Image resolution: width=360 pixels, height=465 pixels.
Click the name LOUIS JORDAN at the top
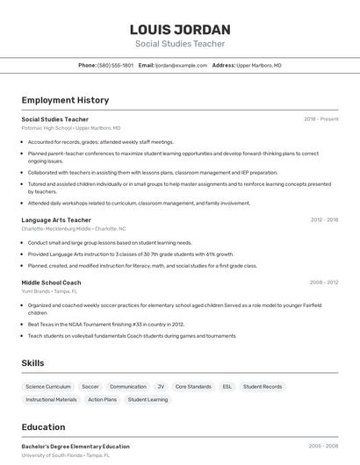pyautogui.click(x=180, y=29)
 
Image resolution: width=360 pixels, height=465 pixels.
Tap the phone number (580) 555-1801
pyautogui.click(x=115, y=65)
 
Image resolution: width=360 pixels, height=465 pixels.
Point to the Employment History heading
pyautogui.click(x=65, y=100)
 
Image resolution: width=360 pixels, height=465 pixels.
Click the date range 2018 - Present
pyautogui.click(x=320, y=119)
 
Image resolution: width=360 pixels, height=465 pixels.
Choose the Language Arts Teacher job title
pyautogui.click(x=56, y=220)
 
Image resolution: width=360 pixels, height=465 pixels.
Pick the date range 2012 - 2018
pyautogui.click(x=324, y=220)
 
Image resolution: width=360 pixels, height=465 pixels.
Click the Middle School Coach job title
pyautogui.click(x=51, y=283)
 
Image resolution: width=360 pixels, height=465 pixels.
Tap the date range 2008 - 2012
pyautogui.click(x=324, y=283)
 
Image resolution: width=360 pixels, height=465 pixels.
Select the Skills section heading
pyautogui.click(x=33, y=362)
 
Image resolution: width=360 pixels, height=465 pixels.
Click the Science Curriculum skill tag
pyautogui.click(x=48, y=386)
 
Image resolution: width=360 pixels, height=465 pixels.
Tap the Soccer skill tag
pyautogui.click(x=90, y=386)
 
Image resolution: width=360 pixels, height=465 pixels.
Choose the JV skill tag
pyautogui.click(x=161, y=386)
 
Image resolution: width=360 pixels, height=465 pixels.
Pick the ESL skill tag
pyautogui.click(x=227, y=386)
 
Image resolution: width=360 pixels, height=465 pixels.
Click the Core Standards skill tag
pyautogui.click(x=193, y=386)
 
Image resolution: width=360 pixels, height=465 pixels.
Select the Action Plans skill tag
pyautogui.click(x=102, y=400)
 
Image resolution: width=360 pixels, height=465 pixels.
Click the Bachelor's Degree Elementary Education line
pyautogui.click(x=76, y=447)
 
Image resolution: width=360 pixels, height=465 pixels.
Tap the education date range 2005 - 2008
pyautogui.click(x=323, y=447)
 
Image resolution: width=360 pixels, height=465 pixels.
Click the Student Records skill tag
pyautogui.click(x=263, y=386)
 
